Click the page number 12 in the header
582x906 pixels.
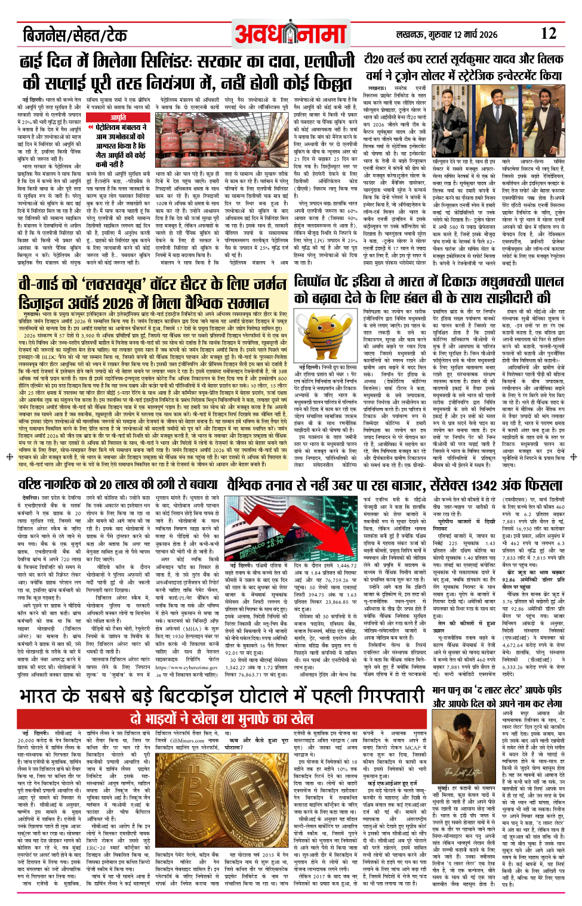point(548,33)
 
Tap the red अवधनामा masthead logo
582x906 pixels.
point(291,35)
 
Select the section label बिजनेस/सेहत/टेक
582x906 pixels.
point(75,35)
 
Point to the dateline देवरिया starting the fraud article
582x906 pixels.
point(30,497)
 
